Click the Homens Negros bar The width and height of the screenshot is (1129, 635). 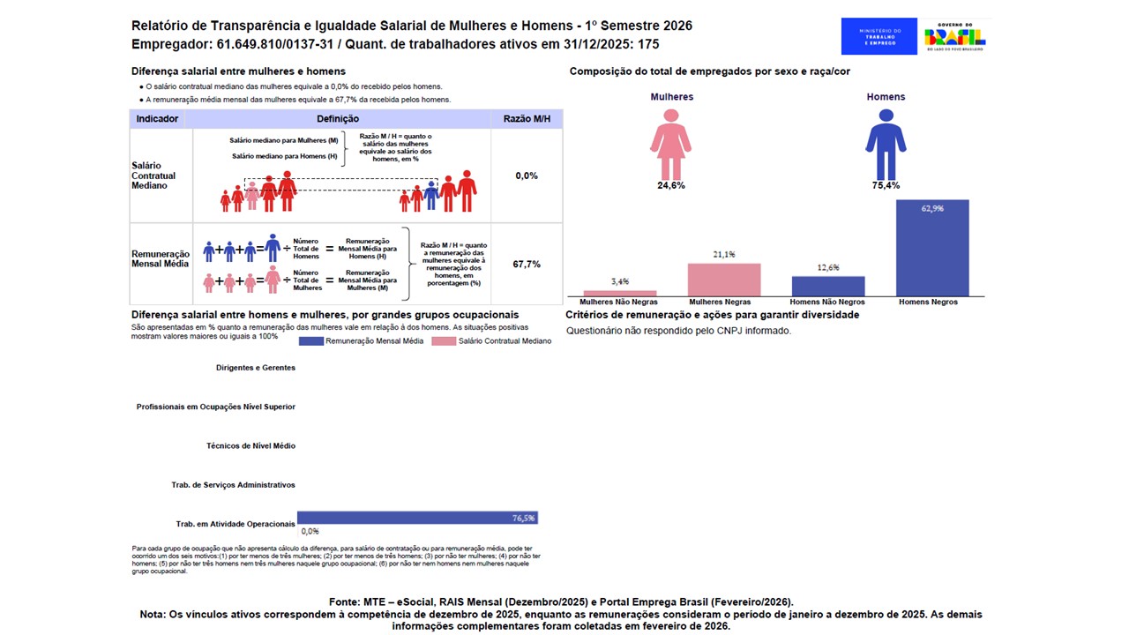click(932, 249)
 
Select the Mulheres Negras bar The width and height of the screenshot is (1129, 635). click(724, 280)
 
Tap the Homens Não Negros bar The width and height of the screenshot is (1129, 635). click(828, 286)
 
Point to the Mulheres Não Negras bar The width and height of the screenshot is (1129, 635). click(620, 293)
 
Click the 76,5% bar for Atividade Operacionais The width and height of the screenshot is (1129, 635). click(417, 518)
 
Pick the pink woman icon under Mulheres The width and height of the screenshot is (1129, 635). click(671, 143)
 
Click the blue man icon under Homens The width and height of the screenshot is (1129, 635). click(886, 143)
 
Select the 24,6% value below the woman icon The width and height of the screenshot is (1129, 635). click(671, 185)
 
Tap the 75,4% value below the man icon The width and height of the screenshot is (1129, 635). click(886, 185)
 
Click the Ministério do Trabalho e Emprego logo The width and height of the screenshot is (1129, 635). click(879, 37)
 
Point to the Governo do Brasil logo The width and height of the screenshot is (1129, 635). click(955, 37)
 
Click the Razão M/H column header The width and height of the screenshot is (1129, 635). click(527, 119)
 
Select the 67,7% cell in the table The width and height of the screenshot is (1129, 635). click(527, 264)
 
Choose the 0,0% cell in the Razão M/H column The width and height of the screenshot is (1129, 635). click(527, 176)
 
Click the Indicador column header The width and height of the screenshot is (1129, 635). click(158, 119)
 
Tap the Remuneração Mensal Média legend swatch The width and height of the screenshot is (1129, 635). click(311, 340)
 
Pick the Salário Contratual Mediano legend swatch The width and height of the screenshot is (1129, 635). click(444, 340)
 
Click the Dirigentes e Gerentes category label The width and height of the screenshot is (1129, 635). click(255, 368)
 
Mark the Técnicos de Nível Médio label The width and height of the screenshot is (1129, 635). click(250, 446)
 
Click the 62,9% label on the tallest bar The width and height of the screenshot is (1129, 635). click(932, 209)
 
